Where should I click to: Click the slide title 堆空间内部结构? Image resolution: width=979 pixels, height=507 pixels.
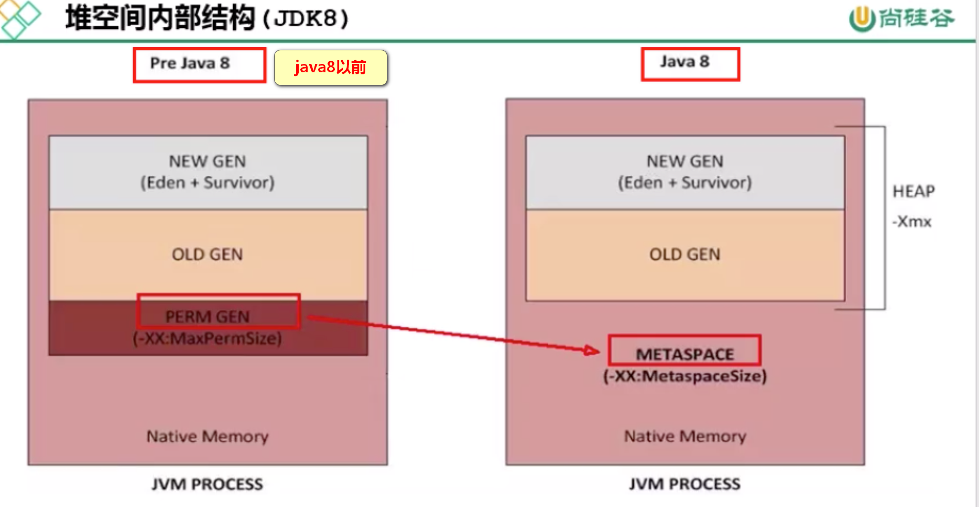click(x=160, y=18)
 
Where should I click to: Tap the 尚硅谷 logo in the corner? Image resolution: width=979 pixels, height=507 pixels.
click(x=901, y=19)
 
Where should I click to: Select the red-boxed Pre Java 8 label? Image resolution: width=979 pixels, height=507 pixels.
click(x=190, y=63)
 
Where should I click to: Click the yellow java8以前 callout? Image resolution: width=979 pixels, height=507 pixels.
click(x=330, y=67)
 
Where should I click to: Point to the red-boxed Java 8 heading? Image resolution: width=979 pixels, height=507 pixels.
click(x=684, y=62)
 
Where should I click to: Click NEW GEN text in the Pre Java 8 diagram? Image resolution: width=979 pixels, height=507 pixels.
click(x=207, y=161)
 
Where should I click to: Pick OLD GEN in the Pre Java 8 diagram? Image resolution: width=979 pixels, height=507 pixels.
click(x=207, y=255)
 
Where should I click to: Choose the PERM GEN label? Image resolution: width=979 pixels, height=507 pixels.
click(x=207, y=316)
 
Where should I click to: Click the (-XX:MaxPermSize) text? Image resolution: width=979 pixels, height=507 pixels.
click(x=207, y=338)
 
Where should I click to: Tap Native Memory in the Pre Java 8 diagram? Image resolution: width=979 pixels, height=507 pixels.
click(x=207, y=436)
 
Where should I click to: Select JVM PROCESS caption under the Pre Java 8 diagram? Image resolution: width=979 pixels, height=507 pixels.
click(x=207, y=484)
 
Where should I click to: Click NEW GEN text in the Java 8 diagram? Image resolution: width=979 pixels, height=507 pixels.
click(x=684, y=161)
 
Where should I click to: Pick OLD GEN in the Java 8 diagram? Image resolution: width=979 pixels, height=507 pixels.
click(x=684, y=255)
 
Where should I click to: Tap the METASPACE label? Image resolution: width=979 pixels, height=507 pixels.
click(x=684, y=354)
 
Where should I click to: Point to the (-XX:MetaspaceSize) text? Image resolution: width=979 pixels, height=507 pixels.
click(x=684, y=376)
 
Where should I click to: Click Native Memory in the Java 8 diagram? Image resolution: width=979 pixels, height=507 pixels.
click(x=684, y=436)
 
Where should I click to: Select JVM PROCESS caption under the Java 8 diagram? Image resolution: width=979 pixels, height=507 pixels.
click(x=684, y=484)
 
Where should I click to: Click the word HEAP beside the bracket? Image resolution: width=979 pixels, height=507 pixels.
click(x=913, y=191)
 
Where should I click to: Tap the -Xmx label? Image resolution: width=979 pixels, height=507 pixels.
click(x=912, y=222)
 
